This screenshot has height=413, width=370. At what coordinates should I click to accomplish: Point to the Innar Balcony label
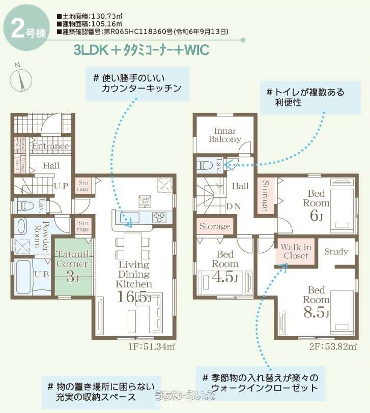coord(225,134)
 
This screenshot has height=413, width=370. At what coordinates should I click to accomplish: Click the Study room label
coord(336,251)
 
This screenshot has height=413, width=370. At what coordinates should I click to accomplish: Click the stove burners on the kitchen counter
coord(159,217)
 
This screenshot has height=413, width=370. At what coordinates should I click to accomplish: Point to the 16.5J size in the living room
coord(134,298)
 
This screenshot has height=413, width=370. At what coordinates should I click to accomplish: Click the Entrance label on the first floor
coord(50,146)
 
